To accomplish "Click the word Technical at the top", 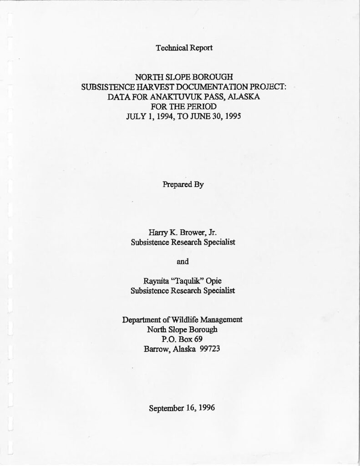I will click(x=170, y=48).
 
